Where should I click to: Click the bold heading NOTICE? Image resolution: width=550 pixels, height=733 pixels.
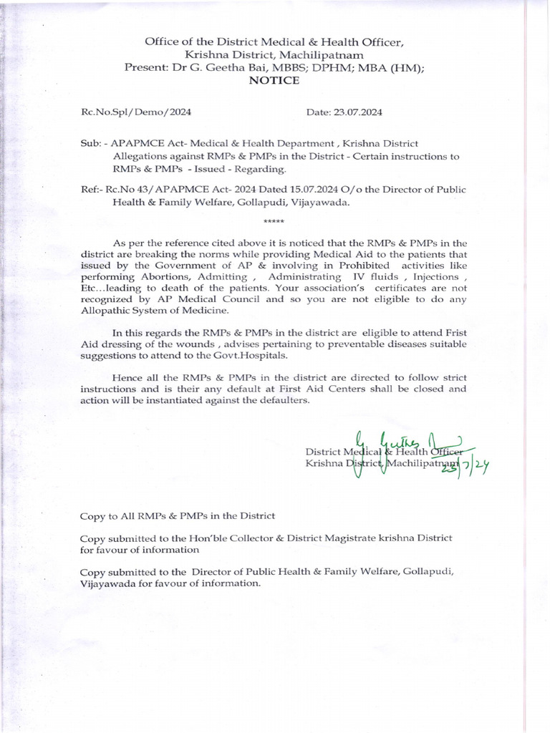pyautogui.click(x=274, y=80)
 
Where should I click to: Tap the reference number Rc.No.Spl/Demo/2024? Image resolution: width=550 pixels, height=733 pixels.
pyautogui.click(x=135, y=112)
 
